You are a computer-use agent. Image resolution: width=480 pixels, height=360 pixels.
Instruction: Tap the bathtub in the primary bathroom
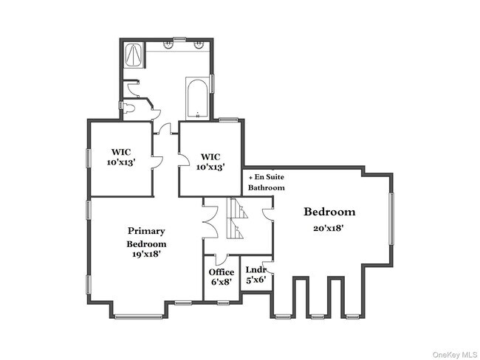click(x=198, y=99)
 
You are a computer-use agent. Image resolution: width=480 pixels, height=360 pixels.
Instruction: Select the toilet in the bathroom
click(x=130, y=108)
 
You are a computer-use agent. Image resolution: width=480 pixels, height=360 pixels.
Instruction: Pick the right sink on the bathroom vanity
click(x=199, y=45)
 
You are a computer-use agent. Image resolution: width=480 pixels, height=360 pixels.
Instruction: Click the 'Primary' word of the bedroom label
click(x=146, y=231)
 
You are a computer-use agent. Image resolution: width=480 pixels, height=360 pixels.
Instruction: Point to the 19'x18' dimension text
click(x=146, y=254)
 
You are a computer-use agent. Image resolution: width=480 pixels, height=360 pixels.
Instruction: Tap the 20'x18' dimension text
click(x=329, y=228)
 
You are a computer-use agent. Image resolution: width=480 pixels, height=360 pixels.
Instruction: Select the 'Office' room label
click(x=222, y=272)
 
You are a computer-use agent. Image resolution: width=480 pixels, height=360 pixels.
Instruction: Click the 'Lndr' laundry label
click(x=256, y=270)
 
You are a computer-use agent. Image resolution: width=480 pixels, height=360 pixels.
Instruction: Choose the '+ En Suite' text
click(x=267, y=177)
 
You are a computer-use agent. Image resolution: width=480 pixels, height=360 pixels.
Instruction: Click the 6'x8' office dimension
click(x=222, y=282)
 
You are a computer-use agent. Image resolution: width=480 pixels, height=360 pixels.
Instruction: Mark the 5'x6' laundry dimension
click(x=256, y=280)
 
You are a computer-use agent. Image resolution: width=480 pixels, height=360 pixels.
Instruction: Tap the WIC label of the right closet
click(x=211, y=156)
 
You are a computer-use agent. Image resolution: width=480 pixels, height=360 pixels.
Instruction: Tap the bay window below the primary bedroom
click(x=138, y=316)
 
